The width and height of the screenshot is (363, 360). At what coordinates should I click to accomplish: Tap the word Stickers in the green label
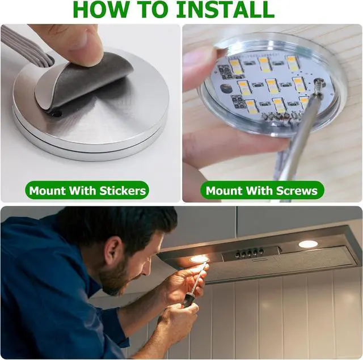(123, 191)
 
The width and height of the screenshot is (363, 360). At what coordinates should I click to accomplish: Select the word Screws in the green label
(297, 191)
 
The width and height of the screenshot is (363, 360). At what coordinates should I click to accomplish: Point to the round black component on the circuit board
(224, 88)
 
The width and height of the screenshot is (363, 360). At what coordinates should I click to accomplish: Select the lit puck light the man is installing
(199, 259)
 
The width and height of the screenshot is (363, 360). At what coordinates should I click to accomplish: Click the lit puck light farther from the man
(308, 244)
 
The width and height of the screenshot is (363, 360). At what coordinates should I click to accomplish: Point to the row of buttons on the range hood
(249, 253)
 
